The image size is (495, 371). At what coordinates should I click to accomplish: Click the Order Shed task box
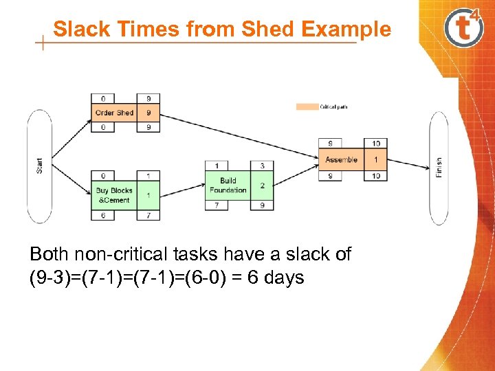114,113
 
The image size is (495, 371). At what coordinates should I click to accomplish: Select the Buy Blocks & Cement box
114,195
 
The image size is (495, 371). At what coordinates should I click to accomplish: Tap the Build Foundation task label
228,185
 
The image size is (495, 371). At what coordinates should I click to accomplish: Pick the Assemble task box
342,159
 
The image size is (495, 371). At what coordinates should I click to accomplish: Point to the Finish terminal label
439,167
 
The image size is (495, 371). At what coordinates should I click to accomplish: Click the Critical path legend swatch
306,106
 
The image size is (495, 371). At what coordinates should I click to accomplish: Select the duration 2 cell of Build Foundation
262,185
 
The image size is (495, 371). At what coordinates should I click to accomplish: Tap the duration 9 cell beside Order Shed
148,113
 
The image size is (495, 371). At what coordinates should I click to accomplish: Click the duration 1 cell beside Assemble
375,159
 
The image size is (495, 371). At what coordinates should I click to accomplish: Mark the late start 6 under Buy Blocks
103,215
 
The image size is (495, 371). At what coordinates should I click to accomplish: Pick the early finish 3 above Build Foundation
262,166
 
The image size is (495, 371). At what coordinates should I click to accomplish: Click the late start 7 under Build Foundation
217,205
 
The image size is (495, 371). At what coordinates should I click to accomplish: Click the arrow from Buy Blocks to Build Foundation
182,188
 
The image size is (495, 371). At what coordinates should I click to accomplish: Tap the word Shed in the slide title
269,30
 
